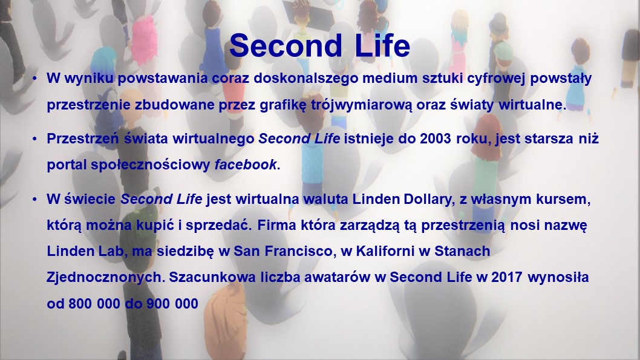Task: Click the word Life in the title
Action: tap(382, 45)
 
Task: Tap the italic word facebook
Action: tap(246, 165)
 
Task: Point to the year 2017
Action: tap(507, 277)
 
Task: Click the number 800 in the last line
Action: tap(80, 304)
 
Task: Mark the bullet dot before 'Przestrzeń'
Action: tap(34, 139)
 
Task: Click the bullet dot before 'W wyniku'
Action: tap(34, 79)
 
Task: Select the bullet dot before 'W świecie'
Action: tap(34, 200)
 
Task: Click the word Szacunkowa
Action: tap(212, 278)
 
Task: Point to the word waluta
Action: tap(325, 199)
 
